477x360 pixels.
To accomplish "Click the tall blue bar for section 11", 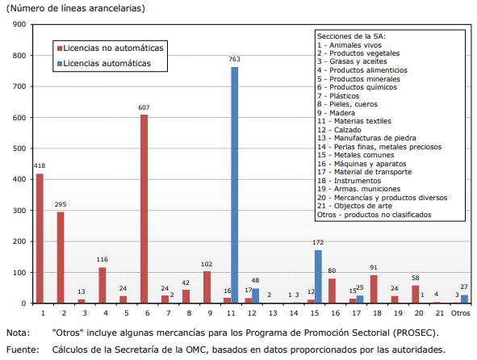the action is click(235, 185).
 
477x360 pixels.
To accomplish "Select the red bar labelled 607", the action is click(144, 209).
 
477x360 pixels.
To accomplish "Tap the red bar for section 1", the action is click(40, 238).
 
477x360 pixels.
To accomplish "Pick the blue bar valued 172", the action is click(318, 277).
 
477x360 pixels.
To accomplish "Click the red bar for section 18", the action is click(374, 289).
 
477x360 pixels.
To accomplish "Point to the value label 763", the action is click(235, 59).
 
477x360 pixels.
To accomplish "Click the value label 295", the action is click(61, 204).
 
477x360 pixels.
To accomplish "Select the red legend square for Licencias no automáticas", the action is click(60, 48).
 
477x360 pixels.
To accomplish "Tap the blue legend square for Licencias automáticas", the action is click(60, 64).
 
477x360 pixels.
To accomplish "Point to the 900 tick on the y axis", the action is click(19, 24).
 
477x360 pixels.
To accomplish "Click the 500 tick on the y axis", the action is click(19, 149).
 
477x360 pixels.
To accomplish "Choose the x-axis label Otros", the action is click(460, 313).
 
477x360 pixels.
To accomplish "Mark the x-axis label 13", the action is click(273, 313).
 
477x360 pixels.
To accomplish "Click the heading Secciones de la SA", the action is click(351, 36).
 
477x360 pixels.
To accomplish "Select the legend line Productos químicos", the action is click(357, 87).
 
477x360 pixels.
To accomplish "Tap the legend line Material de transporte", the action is click(365, 172).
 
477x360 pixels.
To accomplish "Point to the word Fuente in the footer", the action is click(23, 350).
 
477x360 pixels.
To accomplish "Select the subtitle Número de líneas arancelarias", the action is click(75, 8).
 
